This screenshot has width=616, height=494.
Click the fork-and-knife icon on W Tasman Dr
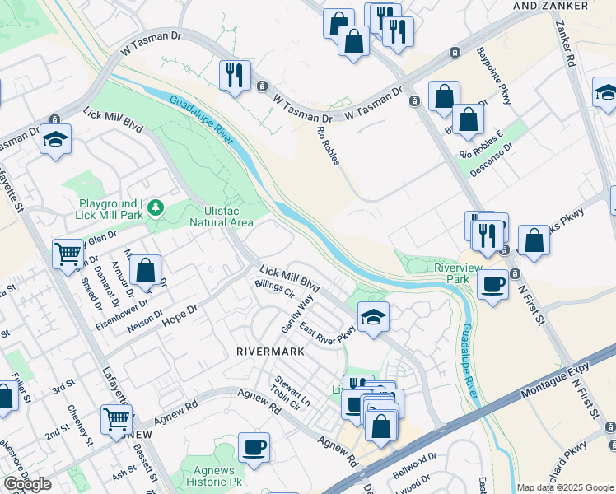click(x=235, y=76)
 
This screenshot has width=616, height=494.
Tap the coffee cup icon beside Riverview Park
click(x=492, y=285)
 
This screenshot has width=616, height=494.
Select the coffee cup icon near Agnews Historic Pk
click(x=254, y=447)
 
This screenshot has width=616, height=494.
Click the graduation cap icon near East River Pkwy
click(x=373, y=317)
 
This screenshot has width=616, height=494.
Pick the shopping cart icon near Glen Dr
click(x=68, y=253)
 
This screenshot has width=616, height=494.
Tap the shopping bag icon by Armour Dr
click(x=145, y=270)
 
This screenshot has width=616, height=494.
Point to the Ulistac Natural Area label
click(x=221, y=216)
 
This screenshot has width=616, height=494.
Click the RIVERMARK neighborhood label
click(x=270, y=351)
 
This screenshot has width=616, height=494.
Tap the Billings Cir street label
click(x=276, y=288)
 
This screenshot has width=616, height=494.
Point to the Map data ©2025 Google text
click(x=564, y=487)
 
